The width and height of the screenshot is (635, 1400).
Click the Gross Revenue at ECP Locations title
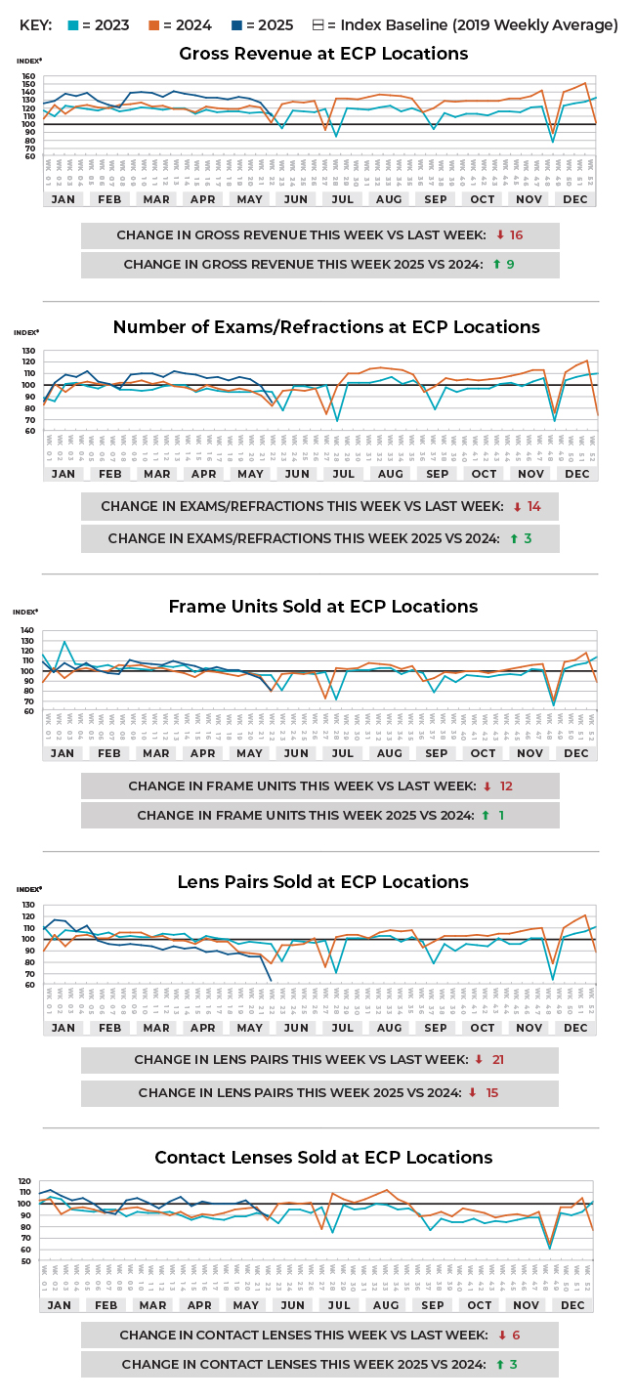(323, 54)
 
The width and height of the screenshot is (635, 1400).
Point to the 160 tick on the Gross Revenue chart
(27, 76)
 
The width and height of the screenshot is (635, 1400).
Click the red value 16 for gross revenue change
(516, 235)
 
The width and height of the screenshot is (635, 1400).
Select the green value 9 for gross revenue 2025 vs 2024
(511, 264)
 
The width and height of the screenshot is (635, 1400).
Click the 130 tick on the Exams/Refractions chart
(27, 351)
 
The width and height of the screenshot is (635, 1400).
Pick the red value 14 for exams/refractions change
(532, 507)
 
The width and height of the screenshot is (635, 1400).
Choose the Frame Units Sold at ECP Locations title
(323, 607)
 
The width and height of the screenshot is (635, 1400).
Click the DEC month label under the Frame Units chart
(576, 753)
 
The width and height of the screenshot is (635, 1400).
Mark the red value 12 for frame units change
(506, 786)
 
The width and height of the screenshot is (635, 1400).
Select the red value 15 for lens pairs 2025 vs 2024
(491, 1093)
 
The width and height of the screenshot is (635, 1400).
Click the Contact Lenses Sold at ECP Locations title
(323, 1158)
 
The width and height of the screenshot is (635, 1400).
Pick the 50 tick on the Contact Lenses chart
(29, 1260)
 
